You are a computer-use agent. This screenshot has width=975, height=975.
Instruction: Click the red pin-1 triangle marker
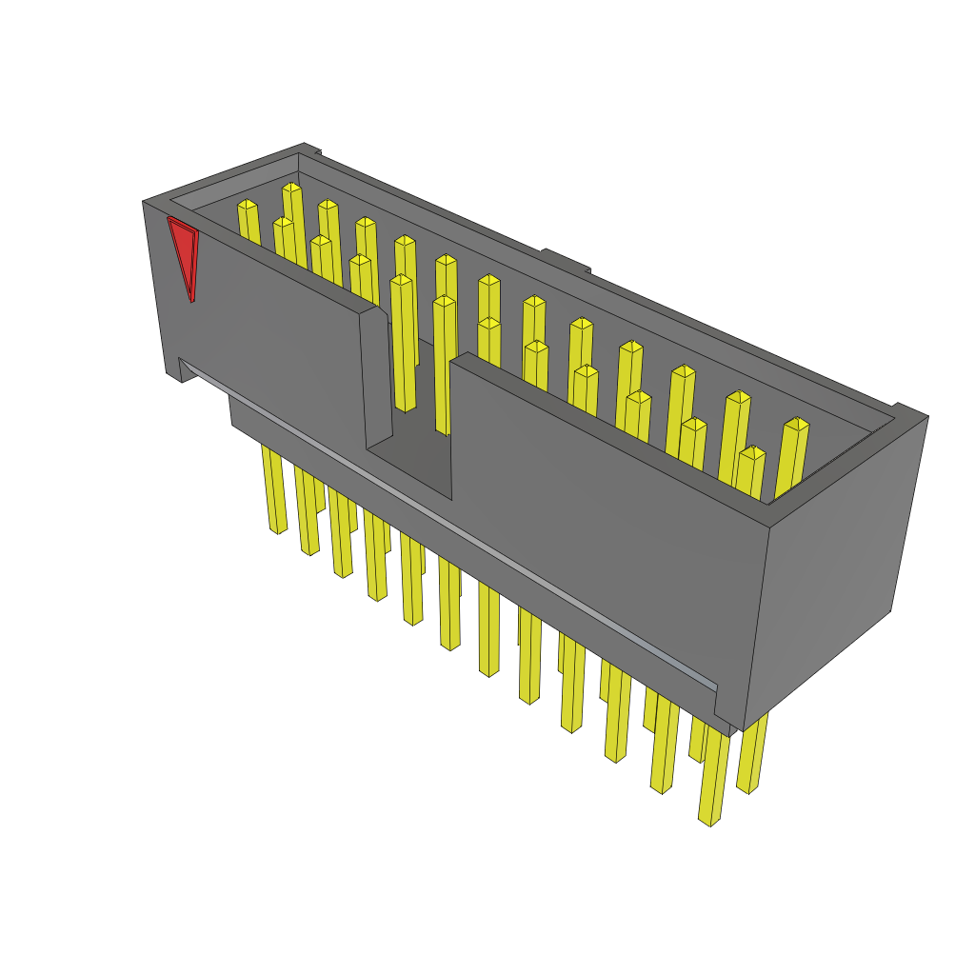pyautogui.click(x=183, y=252)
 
